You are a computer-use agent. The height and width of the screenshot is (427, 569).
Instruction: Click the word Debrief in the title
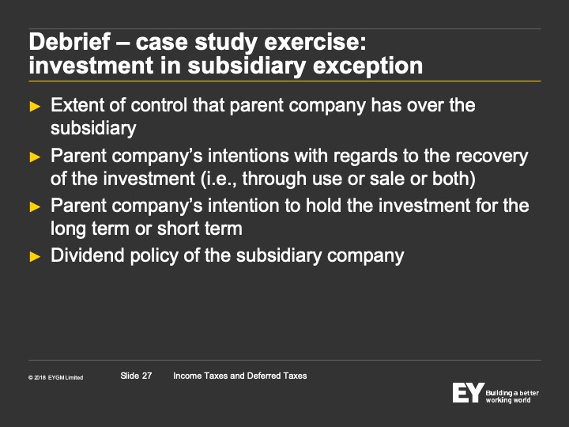click(70, 42)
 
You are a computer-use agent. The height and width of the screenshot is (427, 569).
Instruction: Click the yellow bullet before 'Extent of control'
click(35, 107)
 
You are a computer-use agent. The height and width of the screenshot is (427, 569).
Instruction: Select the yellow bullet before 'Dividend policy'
click(35, 257)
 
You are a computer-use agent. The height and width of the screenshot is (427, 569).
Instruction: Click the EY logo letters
click(468, 392)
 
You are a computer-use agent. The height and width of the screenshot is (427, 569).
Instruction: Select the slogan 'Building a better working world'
click(512, 396)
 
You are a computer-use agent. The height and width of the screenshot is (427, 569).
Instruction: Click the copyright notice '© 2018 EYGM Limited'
click(55, 378)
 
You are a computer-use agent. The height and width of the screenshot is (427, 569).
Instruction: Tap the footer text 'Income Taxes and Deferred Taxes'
click(240, 376)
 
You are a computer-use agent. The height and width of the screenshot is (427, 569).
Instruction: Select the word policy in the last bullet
click(154, 256)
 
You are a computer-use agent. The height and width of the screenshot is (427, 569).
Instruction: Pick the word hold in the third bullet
click(323, 206)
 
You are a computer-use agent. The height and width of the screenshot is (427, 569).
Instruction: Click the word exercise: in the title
click(315, 42)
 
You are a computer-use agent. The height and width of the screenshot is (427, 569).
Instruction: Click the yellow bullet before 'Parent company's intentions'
click(35, 157)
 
